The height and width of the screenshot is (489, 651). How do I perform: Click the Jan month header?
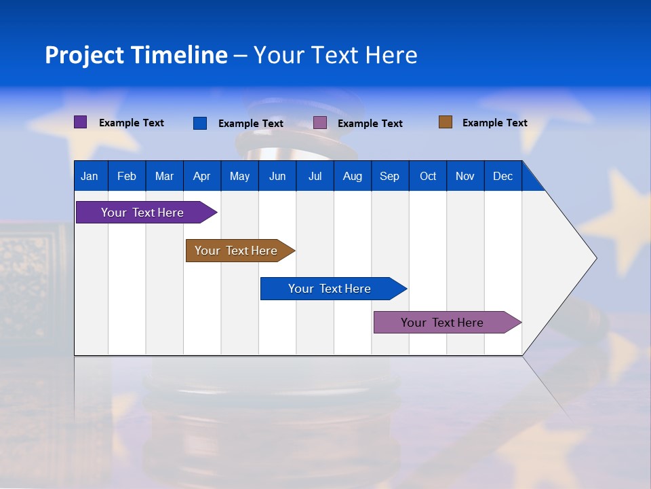coord(90,176)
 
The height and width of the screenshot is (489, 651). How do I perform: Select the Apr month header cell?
coord(201,176)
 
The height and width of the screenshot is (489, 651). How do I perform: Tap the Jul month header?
coord(315,176)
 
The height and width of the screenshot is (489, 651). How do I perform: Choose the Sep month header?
coord(389,176)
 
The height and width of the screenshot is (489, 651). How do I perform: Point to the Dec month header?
coord(502,176)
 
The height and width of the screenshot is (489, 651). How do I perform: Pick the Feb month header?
coord(127,176)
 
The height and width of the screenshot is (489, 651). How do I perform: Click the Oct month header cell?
coord(428,176)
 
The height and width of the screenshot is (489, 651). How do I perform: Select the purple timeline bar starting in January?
coord(142,213)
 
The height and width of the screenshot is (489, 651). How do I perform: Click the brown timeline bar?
coord(236,251)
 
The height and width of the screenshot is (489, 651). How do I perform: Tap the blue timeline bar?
coord(330,289)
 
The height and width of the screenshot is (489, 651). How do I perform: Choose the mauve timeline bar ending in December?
coord(442,323)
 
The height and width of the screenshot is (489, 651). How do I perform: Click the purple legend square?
coord(81,122)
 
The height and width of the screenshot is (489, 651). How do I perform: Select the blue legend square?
coord(200,123)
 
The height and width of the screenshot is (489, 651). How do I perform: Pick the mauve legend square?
coord(320,123)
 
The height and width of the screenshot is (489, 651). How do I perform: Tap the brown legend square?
coord(446,122)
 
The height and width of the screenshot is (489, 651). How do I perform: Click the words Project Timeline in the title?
coord(136,55)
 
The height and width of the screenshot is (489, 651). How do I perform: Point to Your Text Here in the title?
coord(335,55)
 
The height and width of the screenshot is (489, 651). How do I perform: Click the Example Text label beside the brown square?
coord(494,123)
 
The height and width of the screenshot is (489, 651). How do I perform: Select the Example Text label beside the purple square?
coord(132,123)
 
